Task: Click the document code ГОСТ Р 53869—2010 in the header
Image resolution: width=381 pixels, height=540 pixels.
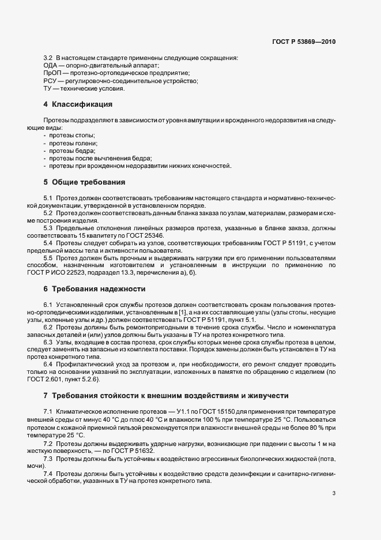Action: (x=303, y=42)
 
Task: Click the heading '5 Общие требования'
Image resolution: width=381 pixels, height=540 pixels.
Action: (x=84, y=182)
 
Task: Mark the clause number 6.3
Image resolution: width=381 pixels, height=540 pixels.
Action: (x=48, y=343)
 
